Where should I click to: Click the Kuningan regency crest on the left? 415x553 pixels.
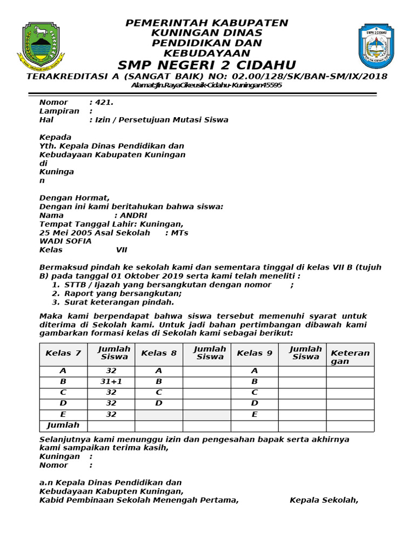[41, 47]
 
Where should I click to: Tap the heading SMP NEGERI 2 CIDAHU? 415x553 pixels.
[207, 65]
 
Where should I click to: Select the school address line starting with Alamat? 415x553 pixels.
[207, 85]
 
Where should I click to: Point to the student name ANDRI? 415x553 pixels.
[133, 215]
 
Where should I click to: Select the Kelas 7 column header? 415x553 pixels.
[63, 353]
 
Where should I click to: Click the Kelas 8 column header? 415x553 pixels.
[159, 353]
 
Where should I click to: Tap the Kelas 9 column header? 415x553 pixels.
[255, 353]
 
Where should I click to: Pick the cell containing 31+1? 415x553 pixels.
[111, 381]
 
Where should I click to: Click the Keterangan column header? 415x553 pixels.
[350, 357]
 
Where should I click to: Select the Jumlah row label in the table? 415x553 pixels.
[63, 426]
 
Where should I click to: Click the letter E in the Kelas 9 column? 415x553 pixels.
[255, 415]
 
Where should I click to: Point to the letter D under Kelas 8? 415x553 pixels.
[159, 403]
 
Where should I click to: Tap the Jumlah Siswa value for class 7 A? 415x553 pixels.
[111, 371]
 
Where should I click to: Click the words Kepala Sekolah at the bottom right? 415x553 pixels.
[324, 500]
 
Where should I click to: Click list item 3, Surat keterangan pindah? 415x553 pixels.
[119, 302]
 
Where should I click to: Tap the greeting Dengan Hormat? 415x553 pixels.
[75, 198]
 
